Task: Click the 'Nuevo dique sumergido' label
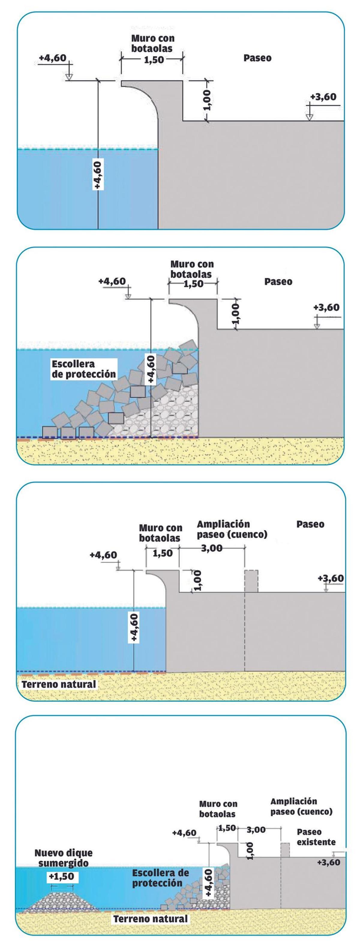(63, 858)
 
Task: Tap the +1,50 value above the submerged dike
(61, 877)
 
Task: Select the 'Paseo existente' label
(316, 837)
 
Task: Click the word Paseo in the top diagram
(257, 58)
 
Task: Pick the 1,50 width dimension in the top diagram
(154, 60)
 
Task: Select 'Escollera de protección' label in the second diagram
(84, 369)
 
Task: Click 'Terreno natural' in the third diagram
(59, 684)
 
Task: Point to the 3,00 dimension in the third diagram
(211, 548)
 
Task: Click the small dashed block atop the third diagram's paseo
(251, 581)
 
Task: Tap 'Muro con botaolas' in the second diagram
(191, 269)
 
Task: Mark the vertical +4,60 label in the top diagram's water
(98, 175)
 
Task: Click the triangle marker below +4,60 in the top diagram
(69, 76)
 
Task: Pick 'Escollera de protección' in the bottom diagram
(160, 878)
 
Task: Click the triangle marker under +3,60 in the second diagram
(317, 326)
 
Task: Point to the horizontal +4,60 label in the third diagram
(103, 555)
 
